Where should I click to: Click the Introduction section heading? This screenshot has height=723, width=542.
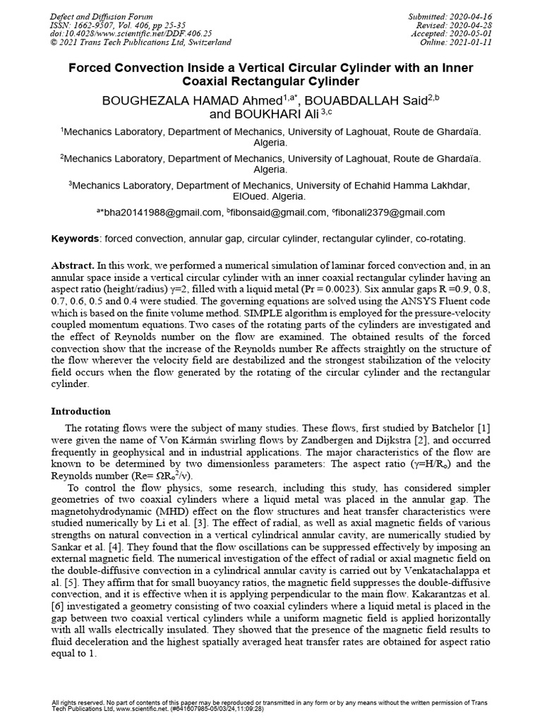click(x=80, y=411)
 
